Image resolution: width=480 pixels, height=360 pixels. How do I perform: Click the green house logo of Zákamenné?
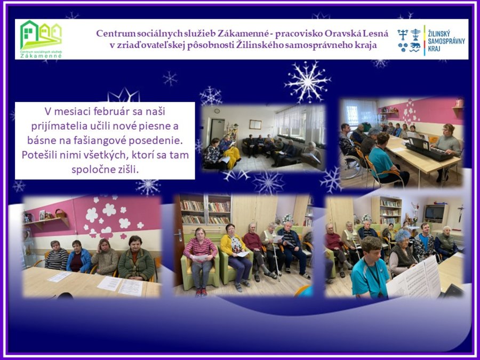point(41,39)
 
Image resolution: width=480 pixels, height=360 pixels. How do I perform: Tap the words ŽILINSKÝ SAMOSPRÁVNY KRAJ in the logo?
point(446,41)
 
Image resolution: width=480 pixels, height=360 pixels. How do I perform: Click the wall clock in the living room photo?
point(217,110)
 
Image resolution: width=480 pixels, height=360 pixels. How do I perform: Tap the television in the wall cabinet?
point(434,212)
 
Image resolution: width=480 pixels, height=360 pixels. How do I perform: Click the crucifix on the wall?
point(461,213)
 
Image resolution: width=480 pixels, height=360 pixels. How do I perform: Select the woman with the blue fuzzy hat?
point(402,252)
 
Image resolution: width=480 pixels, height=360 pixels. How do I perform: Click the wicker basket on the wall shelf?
point(61,213)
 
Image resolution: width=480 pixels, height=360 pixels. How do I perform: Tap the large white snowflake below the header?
point(307,82)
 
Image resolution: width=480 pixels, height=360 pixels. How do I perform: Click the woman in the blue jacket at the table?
point(79,257)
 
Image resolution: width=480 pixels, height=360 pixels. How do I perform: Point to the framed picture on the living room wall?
point(255,124)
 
